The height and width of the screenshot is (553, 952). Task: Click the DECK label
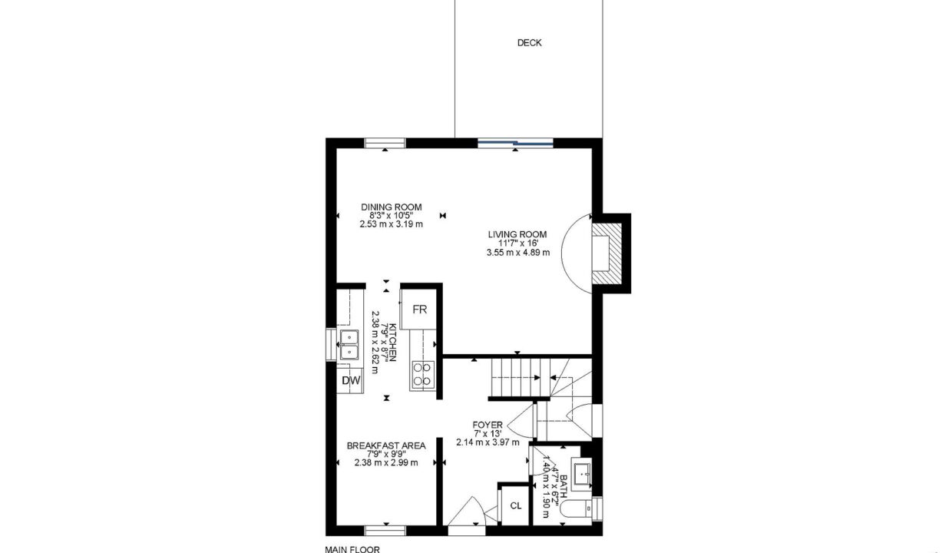tap(529, 43)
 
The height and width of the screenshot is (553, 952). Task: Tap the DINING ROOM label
tap(392, 207)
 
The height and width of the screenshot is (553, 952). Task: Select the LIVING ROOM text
tap(517, 234)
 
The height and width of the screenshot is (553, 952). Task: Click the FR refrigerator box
tap(419, 309)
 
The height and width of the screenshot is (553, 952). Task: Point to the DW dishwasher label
tap(351, 380)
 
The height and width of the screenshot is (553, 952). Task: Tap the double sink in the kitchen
tap(349, 345)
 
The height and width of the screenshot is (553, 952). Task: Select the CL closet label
tap(515, 506)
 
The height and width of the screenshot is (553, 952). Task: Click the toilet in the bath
tap(576, 508)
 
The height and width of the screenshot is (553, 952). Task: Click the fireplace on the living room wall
tap(607, 253)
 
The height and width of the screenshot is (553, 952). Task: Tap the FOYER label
tap(488, 425)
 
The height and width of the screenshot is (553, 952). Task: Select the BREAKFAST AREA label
tap(386, 445)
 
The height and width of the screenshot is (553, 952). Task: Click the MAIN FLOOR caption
tap(352, 549)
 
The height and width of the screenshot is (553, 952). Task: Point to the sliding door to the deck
tap(515, 144)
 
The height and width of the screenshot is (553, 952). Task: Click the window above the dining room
tap(385, 144)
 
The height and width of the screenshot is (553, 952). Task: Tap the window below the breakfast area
tap(385, 531)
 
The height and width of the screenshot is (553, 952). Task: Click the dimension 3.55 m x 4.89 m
tap(518, 253)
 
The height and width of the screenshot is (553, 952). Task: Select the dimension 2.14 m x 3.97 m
tap(488, 442)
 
